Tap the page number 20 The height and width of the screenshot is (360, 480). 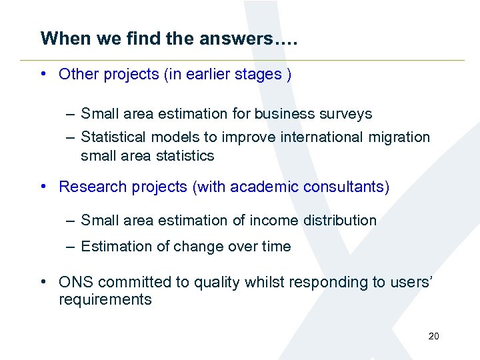(x=433, y=336)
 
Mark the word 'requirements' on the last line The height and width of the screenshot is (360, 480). (x=105, y=300)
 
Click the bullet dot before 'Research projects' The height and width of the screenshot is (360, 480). (x=43, y=186)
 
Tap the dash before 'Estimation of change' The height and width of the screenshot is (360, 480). (x=70, y=246)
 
